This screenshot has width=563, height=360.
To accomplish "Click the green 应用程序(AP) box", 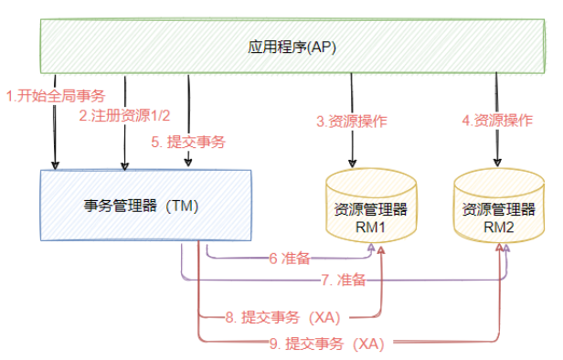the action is (292, 47).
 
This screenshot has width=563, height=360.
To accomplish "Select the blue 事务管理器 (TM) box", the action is (145, 206).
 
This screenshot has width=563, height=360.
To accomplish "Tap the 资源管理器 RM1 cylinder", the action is (371, 206).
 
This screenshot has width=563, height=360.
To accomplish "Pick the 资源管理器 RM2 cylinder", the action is (499, 206).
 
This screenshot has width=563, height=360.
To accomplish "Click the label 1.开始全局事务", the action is (56, 96).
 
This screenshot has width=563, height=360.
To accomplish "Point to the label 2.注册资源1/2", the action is (124, 115).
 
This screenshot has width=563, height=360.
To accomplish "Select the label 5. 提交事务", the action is (188, 142).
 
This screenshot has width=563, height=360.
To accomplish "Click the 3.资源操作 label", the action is (352, 122).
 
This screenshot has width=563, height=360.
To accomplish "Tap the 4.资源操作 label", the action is (497, 121).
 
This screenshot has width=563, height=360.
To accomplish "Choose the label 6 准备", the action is (290, 258).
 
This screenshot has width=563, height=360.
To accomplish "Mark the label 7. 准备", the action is (344, 280).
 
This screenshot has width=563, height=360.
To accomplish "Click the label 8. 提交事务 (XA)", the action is (283, 317).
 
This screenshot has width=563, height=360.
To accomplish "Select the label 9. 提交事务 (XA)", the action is (327, 344).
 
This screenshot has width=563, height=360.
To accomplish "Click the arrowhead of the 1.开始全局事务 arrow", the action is (55, 165).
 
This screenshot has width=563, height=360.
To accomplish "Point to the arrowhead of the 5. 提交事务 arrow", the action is (188, 163).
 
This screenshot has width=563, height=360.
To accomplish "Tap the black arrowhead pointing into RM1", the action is (353, 163).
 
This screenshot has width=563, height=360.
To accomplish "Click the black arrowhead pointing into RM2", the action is (497, 163).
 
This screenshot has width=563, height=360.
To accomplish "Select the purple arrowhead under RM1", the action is (372, 248).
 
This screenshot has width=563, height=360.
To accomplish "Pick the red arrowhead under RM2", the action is (499, 248).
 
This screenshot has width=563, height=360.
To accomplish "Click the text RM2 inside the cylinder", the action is (499, 228).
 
